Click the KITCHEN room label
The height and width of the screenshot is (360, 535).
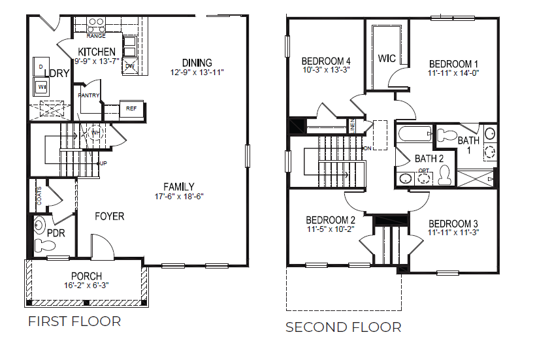pos(97,52)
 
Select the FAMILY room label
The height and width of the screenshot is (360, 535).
pos(179,187)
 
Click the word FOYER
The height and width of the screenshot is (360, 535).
pos(109,216)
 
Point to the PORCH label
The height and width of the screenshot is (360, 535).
pos(86,276)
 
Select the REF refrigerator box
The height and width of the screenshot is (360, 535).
pos(131,108)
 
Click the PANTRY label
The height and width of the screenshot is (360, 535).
pos(88,96)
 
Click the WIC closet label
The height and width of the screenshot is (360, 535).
pos(387,59)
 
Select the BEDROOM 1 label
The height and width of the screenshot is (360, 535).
pos(453,64)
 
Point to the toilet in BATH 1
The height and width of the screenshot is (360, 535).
pos(447,136)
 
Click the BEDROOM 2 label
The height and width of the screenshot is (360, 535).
pos(331,220)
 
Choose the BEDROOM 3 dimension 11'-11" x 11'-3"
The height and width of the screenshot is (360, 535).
pos(453,232)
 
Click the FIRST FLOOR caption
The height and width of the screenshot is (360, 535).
pos(74,321)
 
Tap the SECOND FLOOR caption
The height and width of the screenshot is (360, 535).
pos(344,327)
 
